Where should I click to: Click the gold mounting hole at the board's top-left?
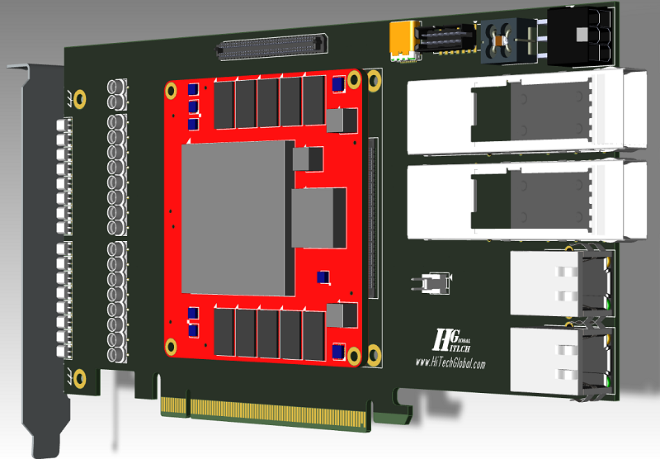click(80, 98)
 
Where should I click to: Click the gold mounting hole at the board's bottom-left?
click(79, 378)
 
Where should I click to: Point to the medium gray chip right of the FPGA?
click(318, 217)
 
